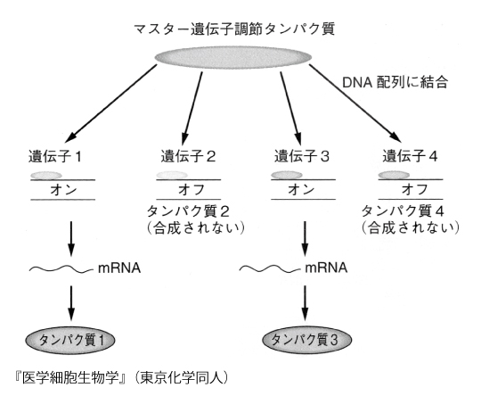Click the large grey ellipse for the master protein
click(x=233, y=57)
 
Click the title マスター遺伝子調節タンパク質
click(x=234, y=29)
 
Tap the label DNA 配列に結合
click(x=395, y=82)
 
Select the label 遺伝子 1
click(x=55, y=156)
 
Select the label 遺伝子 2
click(x=188, y=156)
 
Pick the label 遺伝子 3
click(x=302, y=156)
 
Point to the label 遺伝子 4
click(x=410, y=156)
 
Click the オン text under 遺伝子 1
click(x=63, y=190)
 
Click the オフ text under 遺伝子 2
click(x=192, y=189)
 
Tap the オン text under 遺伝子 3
click(x=301, y=189)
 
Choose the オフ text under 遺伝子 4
click(x=415, y=189)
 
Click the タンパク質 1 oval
click(x=70, y=341)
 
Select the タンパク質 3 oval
click(x=306, y=340)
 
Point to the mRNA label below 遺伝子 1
click(x=119, y=268)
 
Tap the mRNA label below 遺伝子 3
click(x=326, y=268)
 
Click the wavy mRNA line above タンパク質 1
click(x=61, y=269)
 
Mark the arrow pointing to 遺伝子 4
click(x=355, y=103)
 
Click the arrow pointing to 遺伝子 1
click(x=111, y=103)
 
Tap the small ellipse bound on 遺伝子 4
click(x=394, y=175)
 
